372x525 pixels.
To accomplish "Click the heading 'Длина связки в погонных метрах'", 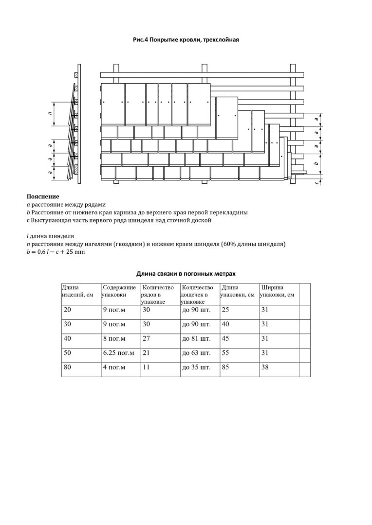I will tap(186, 274).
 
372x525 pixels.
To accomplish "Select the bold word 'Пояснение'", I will tap(43, 197).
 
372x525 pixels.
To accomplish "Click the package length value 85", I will tap(225, 367).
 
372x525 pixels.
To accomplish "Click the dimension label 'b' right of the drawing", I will tap(316, 164).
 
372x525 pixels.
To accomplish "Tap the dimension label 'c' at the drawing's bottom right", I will tap(316, 183).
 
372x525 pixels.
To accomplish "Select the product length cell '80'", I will tap(68, 367).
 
